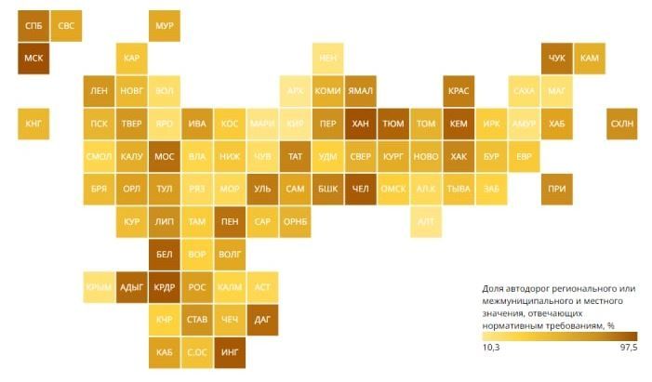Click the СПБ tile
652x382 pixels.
(33, 25)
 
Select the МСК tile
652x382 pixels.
(33, 58)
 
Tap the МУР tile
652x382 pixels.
(164, 25)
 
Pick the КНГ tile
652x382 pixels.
(33, 123)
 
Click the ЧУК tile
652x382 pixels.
(557, 58)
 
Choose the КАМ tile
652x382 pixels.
(590, 58)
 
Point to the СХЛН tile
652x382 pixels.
(621, 123)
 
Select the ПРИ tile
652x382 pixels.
(557, 189)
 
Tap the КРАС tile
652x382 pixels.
(459, 90)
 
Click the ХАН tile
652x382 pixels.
(360, 123)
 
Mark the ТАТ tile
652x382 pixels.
(295, 156)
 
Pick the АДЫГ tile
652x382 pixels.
(131, 287)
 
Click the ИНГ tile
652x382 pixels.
(230, 352)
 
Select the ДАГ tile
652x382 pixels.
(262, 320)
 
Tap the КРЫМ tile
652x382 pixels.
(99, 287)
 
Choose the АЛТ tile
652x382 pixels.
(426, 221)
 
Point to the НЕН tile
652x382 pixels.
(327, 58)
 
